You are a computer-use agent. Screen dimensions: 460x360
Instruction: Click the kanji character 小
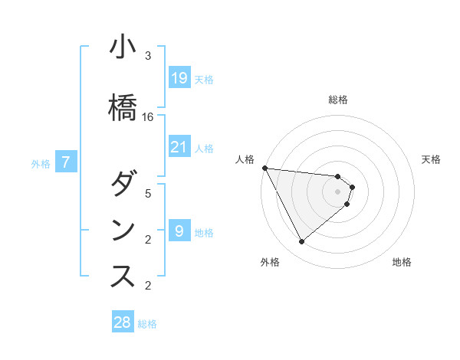[123, 47]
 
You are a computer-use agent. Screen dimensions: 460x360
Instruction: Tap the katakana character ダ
[123, 185]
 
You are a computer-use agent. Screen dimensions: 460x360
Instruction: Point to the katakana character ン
[123, 231]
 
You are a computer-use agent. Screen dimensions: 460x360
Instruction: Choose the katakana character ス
[123, 277]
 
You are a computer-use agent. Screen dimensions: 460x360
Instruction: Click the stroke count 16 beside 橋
[148, 117]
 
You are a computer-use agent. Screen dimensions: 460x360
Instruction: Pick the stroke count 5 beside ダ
[148, 194]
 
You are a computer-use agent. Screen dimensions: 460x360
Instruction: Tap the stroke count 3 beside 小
[148, 56]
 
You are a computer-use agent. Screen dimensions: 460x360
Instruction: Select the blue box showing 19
[179, 77]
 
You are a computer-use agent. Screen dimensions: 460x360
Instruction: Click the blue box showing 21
[179, 146]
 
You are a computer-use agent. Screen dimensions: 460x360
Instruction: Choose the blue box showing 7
[67, 162]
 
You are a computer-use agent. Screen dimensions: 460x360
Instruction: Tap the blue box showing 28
[122, 322]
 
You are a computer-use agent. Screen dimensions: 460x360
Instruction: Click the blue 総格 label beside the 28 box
[147, 324]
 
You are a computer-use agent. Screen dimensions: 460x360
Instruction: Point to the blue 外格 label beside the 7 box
[41, 163]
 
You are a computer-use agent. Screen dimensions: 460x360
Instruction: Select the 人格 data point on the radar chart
[264, 168]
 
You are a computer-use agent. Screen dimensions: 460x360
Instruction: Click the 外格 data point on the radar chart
[301, 241]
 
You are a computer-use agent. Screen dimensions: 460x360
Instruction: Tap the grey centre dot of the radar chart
[337, 191]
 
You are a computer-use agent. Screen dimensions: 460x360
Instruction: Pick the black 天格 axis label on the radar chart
[431, 159]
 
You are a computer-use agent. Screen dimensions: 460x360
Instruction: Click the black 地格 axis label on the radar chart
[402, 262]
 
